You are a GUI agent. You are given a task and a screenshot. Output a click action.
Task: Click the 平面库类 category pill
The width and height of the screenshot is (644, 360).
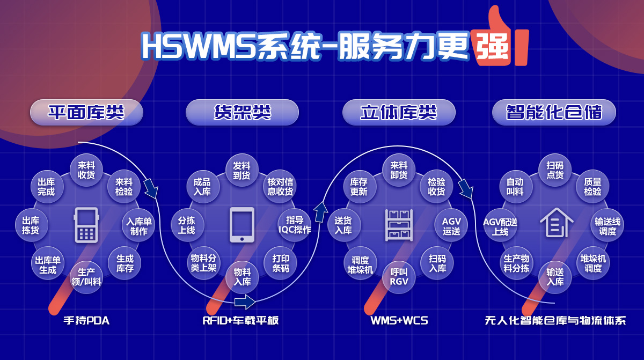[x=86, y=112]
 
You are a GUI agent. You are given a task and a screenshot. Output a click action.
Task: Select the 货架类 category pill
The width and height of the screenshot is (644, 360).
[x=242, y=112]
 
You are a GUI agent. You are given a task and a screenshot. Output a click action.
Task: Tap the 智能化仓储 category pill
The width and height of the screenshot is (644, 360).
[x=554, y=112]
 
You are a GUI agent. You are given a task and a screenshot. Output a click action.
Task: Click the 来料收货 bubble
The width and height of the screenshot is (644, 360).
[x=86, y=170]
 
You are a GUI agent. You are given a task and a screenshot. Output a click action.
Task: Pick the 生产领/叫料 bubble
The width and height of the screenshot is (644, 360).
[x=86, y=277]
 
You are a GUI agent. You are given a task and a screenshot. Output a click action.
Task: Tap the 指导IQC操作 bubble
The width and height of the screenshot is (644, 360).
[x=295, y=225]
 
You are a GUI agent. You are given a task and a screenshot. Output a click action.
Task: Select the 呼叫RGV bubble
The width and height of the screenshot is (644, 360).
[x=399, y=277]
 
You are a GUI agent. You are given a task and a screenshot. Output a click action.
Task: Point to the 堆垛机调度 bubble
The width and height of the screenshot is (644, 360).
[x=593, y=263]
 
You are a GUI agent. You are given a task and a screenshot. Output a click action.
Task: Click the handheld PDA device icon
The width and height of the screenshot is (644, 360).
[x=86, y=225]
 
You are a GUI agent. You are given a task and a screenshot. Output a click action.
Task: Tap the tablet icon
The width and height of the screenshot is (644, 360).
[x=242, y=225]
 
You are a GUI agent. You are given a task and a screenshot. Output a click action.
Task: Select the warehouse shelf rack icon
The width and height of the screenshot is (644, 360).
[x=399, y=225]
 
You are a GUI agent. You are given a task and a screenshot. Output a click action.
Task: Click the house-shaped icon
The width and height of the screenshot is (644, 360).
[x=557, y=223]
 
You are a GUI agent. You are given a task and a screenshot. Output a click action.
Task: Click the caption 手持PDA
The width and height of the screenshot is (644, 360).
[x=86, y=320]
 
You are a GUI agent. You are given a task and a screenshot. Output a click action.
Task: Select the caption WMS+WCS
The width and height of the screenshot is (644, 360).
[x=399, y=320]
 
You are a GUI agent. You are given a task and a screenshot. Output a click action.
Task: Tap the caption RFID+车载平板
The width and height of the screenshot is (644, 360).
[x=240, y=320]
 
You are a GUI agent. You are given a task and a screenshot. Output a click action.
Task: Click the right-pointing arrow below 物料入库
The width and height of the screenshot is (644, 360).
[x=245, y=302]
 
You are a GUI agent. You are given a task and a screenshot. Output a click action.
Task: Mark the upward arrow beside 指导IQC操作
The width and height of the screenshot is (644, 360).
[x=320, y=212]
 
